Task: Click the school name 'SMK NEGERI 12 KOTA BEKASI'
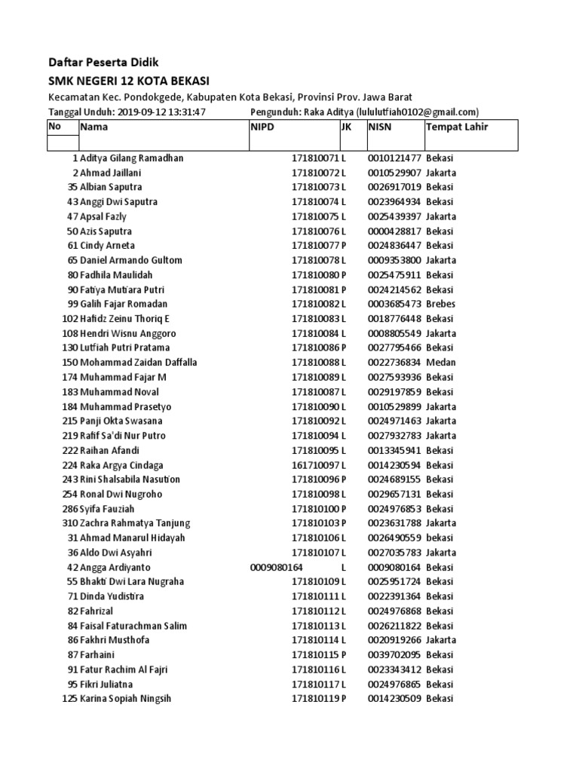point(129,81)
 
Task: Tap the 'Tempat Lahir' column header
point(457,127)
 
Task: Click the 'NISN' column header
point(381,127)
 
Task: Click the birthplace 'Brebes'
point(441,304)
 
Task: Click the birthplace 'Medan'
point(440,362)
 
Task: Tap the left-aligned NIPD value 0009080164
point(276,567)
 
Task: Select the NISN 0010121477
point(394,158)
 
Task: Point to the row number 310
point(70,523)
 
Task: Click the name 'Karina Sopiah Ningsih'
point(126,699)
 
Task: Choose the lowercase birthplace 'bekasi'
point(440,538)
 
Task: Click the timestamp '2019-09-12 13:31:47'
point(161,112)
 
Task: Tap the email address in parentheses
point(415,112)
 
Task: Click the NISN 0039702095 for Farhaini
point(394,654)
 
